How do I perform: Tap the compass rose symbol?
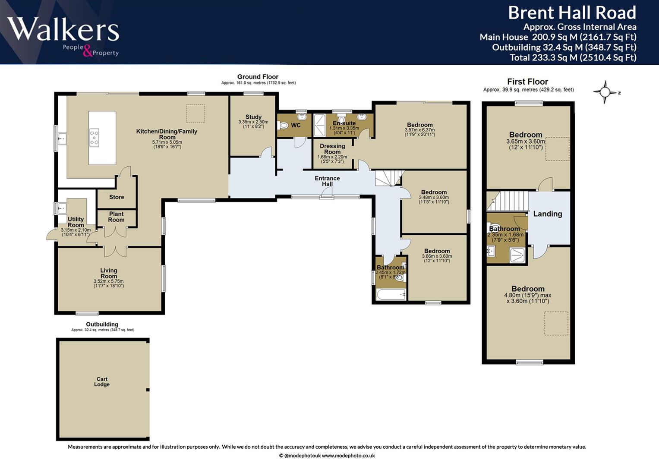coord(605,92)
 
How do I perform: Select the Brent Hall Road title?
coord(572,13)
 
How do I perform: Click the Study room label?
coord(253,117)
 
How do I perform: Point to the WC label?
coord(296,125)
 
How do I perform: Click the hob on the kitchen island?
coord(95,138)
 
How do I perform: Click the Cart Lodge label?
coord(102,381)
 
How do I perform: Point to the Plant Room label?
coord(116,217)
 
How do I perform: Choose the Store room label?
coord(117,197)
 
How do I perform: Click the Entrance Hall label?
coord(327,181)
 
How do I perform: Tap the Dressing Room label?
coord(332,149)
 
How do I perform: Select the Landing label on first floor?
coord(548,214)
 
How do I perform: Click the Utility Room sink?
coord(62,208)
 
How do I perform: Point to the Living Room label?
coord(109,273)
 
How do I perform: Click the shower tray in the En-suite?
coord(320,126)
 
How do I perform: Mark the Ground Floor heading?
coord(258,77)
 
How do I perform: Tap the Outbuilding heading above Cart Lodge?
coord(102,324)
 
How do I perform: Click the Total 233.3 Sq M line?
coord(573,57)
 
